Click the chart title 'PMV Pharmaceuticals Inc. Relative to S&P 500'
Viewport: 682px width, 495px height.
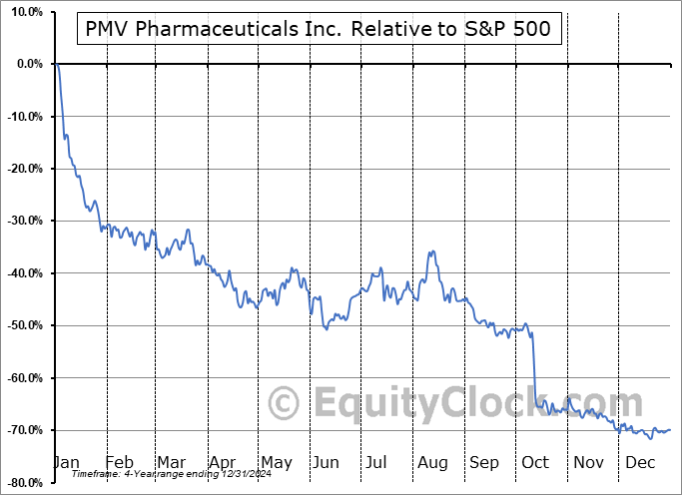tap(320, 30)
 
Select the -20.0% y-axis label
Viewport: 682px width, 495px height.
tap(23, 169)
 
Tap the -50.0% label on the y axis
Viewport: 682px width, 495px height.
tap(23, 325)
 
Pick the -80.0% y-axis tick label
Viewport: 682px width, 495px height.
tap(23, 482)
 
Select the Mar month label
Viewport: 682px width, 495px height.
tap(172, 463)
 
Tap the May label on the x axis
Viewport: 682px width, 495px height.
tap(276, 463)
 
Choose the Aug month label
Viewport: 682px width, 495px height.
tap(432, 463)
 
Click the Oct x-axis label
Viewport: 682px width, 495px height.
tap(535, 463)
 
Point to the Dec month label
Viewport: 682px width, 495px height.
tap(640, 463)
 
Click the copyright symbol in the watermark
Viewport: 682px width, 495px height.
tap(286, 403)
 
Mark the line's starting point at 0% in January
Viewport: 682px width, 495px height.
tap(58, 64)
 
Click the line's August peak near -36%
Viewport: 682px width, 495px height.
tap(431, 251)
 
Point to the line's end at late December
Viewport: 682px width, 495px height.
tap(669, 429)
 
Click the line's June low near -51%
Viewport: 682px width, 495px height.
tap(327, 328)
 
